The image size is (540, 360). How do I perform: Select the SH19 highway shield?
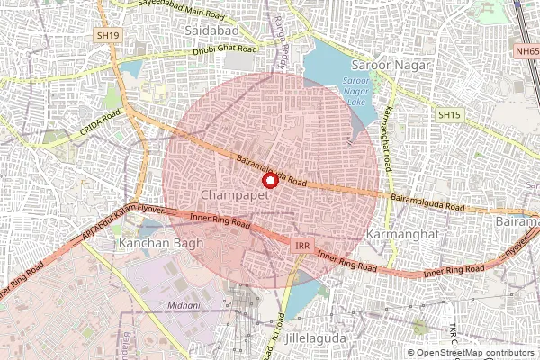108,35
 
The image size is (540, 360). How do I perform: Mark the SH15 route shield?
448,115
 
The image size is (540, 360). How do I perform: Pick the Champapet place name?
231,195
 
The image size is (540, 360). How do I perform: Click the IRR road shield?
302,244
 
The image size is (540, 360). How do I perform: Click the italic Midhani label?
184,306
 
